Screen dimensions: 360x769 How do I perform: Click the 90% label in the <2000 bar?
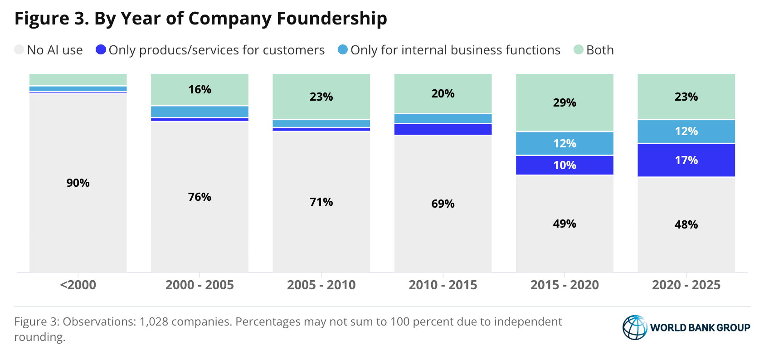[x=78, y=183]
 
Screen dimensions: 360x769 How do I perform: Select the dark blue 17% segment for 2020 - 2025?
[x=686, y=160]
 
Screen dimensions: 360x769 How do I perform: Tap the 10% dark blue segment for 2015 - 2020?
[x=565, y=165]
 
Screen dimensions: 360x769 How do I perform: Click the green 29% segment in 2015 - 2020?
[x=565, y=102]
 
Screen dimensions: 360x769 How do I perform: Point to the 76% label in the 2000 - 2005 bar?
[x=200, y=197]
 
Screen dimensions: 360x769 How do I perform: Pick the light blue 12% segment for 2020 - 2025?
[x=686, y=131]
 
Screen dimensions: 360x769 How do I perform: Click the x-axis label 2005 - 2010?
[x=321, y=285]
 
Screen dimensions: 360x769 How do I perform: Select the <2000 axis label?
[x=78, y=285]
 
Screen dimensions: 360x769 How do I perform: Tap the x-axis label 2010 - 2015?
[x=443, y=285]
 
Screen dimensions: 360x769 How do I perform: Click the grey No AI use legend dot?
[x=19, y=49]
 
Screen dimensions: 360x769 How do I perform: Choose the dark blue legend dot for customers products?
[x=101, y=49]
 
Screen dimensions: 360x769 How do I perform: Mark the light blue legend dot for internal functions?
[x=343, y=49]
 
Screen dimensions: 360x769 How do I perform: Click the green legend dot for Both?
[x=578, y=49]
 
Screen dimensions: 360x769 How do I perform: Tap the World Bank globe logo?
[x=635, y=327]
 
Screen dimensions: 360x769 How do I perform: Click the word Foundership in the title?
[x=332, y=18]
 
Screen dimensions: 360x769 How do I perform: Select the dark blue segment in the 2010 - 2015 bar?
[x=443, y=129]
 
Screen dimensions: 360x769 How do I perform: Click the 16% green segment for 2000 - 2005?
[x=200, y=89]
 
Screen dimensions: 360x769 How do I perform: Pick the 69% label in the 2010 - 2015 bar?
[x=443, y=204]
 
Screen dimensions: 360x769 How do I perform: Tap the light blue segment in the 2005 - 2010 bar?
[x=321, y=123]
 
